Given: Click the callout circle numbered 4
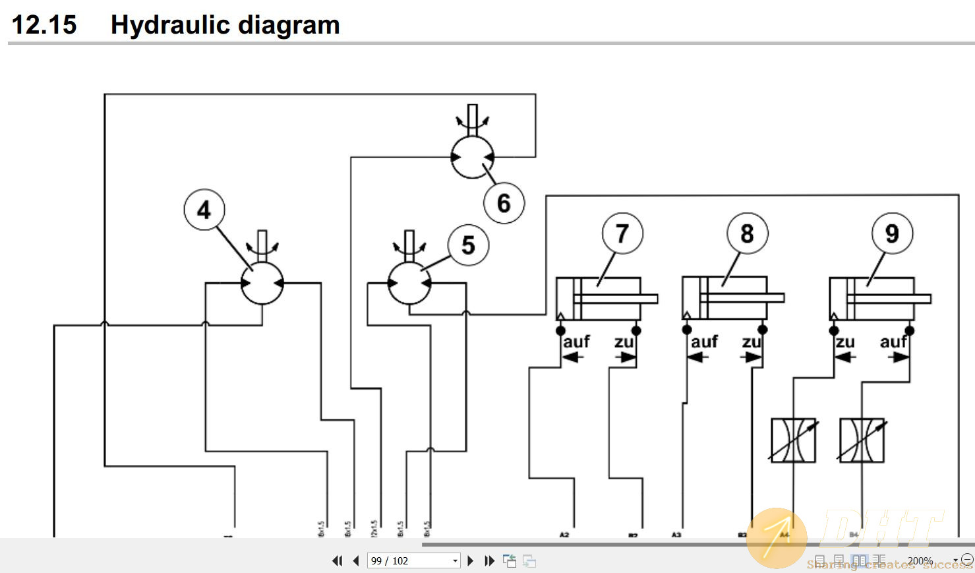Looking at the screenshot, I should point(204,210).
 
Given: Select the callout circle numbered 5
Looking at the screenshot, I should point(468,245).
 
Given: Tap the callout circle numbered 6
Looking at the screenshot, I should point(504,203).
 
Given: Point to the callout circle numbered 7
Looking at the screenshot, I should point(622,233).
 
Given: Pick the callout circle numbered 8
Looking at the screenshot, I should point(747,233).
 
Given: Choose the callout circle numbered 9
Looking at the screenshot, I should point(892,233).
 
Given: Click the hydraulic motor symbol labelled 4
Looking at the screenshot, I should point(262,284).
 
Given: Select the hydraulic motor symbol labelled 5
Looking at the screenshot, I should point(409,284).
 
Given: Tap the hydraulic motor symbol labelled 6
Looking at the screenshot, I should point(472,157).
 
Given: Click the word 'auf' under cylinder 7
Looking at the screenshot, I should point(576,342).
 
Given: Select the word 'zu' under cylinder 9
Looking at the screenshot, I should point(845,342).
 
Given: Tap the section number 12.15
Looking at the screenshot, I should point(44,25).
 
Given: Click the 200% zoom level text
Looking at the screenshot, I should point(920,561).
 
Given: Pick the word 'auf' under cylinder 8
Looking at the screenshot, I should point(704,342).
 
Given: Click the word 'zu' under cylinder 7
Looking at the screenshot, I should point(624,342).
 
